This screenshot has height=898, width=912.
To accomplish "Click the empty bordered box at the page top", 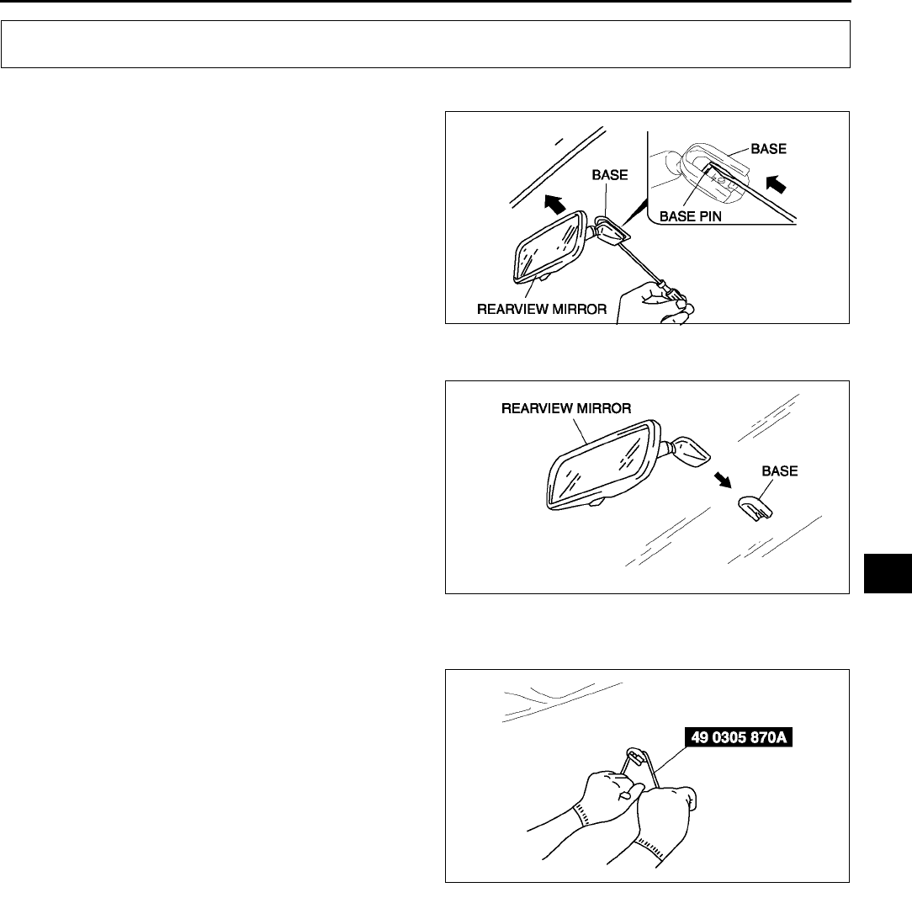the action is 426,44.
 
